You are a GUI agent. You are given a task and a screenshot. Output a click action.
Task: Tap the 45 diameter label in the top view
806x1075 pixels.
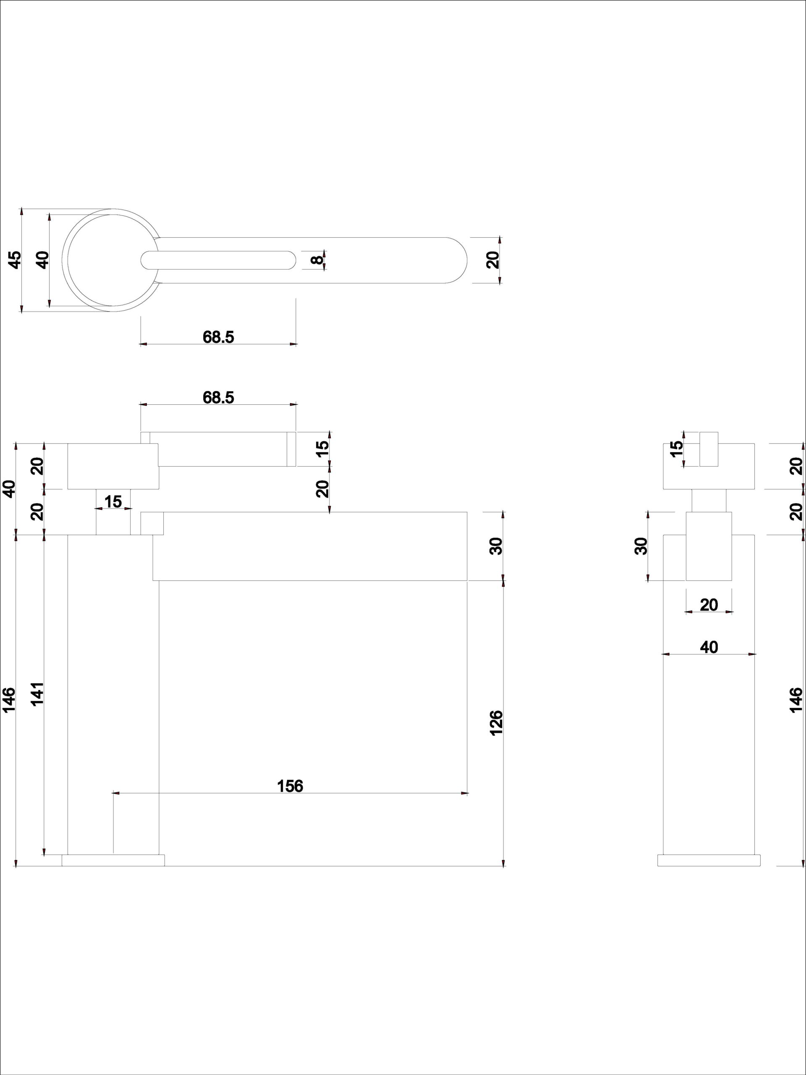pos(16,260)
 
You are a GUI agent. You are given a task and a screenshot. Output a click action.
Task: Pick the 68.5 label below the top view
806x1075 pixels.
pos(218,337)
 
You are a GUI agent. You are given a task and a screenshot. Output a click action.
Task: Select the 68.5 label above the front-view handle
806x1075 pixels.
pos(218,397)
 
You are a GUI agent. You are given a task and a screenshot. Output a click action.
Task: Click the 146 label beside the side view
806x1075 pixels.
pos(796,700)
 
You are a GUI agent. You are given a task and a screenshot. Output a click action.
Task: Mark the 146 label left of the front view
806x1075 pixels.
pos(9,700)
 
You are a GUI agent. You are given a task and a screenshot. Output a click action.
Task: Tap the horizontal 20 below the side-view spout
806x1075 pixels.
pos(709,605)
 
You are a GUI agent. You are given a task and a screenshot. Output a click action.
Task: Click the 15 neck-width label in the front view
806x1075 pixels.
pos(113,501)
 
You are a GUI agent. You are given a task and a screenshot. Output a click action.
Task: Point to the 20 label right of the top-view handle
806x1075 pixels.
pos(493,260)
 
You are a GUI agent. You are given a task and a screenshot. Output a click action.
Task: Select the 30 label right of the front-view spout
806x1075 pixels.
pos(496,546)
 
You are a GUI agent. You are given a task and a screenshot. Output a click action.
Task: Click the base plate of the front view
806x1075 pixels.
pos(113,860)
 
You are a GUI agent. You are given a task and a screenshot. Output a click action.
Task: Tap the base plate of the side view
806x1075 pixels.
pos(709,860)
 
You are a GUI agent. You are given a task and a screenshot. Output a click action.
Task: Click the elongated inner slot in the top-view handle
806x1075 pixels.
pos(218,260)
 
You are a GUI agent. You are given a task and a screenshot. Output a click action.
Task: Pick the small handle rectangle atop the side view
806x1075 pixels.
pos(709,449)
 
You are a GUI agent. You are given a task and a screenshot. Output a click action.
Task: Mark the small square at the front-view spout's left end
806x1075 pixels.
pos(152,523)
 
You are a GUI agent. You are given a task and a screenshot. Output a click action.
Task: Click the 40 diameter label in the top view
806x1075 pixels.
pos(43,260)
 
